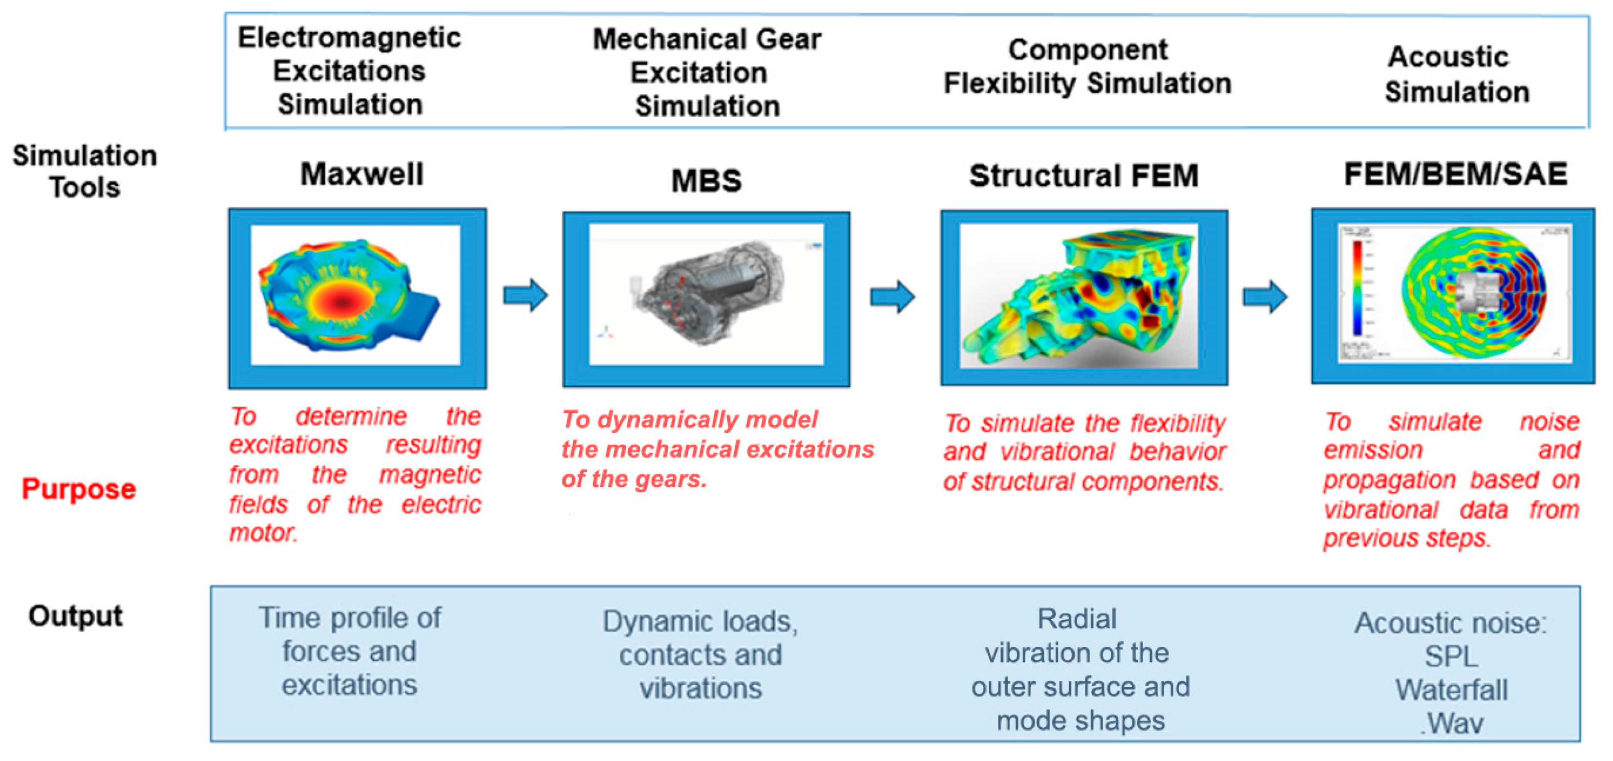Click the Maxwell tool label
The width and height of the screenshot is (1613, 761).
pyautogui.click(x=362, y=174)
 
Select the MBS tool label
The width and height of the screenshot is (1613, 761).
pyautogui.click(x=706, y=181)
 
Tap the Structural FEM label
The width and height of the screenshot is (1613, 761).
pyautogui.click(x=1083, y=176)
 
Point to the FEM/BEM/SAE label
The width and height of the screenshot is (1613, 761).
pyautogui.click(x=1455, y=174)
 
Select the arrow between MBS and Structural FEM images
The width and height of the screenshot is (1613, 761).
pyautogui.click(x=892, y=296)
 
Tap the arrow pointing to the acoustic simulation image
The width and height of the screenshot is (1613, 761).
pyautogui.click(x=1265, y=296)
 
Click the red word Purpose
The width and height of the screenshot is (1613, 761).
pyautogui.click(x=79, y=489)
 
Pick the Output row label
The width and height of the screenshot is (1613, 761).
pyautogui.click(x=76, y=616)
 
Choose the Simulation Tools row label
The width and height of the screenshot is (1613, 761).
pyautogui.click(x=85, y=171)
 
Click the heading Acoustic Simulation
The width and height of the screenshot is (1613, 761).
pyautogui.click(x=1457, y=74)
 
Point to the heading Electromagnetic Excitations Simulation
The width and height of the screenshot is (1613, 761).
pyautogui.click(x=349, y=71)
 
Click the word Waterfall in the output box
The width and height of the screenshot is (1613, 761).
pyautogui.click(x=1451, y=690)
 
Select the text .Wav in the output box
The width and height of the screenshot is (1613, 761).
pyautogui.click(x=1451, y=724)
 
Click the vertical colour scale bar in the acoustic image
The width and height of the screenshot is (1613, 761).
pyautogui.click(x=1358, y=288)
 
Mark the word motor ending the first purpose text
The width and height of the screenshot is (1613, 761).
pyautogui.click(x=262, y=533)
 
